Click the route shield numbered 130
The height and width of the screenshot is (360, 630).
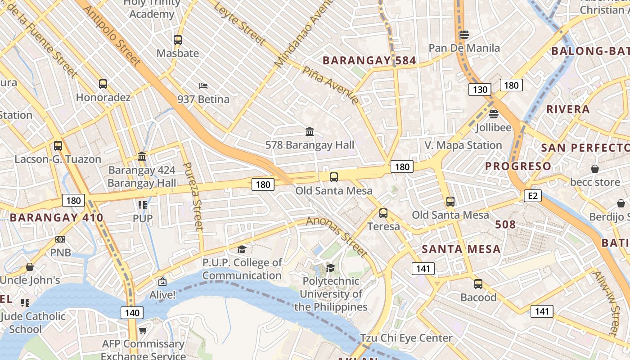(480, 89)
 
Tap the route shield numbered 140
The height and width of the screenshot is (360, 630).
(132, 312)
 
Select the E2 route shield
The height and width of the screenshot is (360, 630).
(532, 196)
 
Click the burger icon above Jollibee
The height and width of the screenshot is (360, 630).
(494, 114)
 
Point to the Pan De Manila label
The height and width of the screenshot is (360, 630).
(464, 48)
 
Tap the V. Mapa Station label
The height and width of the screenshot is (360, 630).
(463, 145)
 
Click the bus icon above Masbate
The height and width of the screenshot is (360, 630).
(178, 40)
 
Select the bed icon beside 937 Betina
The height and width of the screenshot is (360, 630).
(203, 85)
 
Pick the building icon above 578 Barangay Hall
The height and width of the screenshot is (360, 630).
(310, 131)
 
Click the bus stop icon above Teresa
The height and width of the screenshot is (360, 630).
(383, 213)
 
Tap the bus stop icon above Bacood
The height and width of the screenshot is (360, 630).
(478, 284)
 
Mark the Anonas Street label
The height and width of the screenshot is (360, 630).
(337, 236)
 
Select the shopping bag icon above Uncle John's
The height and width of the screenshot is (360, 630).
(30, 267)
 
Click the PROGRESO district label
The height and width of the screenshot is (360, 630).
(517, 166)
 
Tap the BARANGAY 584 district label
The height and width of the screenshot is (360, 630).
(369, 60)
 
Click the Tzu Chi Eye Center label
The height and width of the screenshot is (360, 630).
(406, 338)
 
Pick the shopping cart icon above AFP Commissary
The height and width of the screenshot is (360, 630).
(143, 331)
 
